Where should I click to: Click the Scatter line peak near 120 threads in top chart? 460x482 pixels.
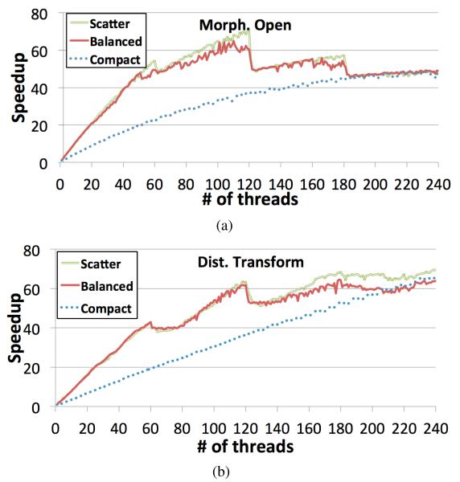point(248,30)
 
